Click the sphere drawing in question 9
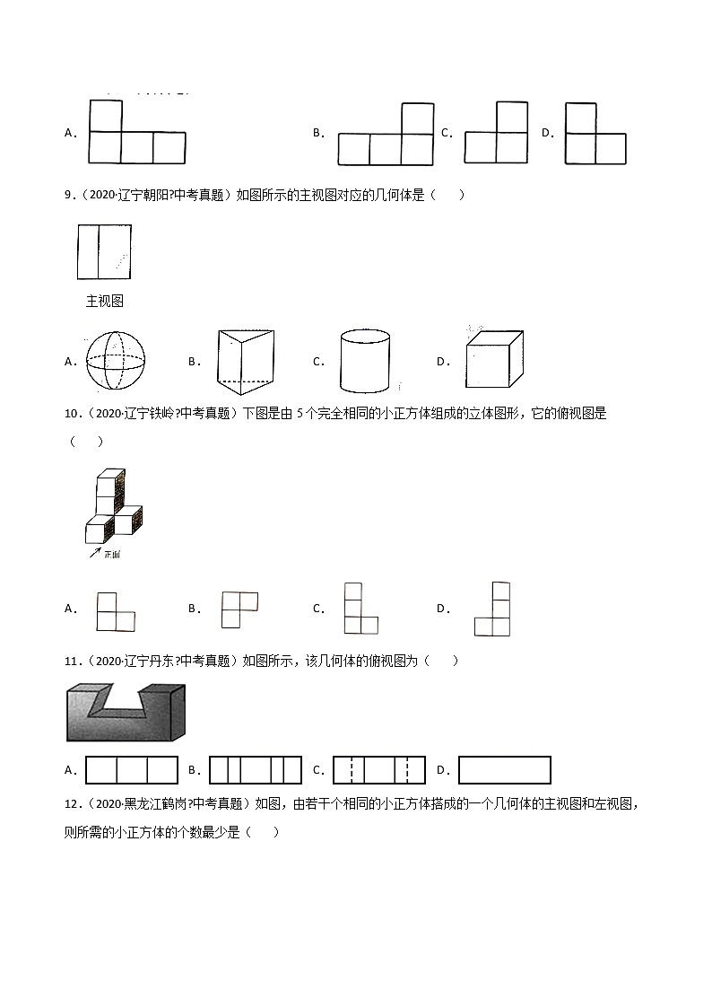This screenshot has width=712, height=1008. tap(114, 362)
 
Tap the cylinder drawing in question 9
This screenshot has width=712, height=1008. tap(365, 361)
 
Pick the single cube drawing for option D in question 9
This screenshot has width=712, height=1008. tap(493, 359)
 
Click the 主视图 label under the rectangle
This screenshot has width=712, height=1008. tap(104, 302)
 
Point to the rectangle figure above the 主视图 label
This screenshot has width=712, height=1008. tap(104, 253)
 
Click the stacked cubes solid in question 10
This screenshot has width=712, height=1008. tap(113, 507)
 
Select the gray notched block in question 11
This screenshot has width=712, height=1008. tap(126, 713)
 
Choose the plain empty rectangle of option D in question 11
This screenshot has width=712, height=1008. tap(504, 770)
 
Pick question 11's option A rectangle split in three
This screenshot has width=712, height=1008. tap(132, 770)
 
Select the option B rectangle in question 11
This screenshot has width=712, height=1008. tap(254, 770)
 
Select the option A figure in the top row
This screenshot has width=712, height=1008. tap(136, 133)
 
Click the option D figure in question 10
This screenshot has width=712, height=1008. tap(492, 609)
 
